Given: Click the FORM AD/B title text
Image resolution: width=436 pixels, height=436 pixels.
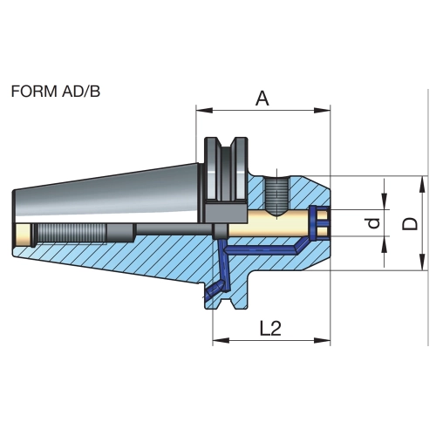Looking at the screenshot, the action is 56,92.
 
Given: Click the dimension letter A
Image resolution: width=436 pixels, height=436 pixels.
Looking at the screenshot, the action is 262,99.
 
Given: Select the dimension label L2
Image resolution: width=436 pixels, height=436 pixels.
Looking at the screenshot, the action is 270,329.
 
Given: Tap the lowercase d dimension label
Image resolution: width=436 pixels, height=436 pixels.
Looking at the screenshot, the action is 374,223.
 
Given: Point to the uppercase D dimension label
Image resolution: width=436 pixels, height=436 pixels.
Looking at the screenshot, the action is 410,224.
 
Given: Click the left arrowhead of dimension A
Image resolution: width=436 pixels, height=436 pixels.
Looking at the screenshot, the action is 204,111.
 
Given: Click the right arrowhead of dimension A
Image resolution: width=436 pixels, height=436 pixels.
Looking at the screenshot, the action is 323,111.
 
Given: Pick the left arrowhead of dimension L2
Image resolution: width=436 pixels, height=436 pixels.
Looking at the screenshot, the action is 221,340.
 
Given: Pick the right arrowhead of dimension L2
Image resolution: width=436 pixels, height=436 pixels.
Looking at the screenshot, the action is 323,340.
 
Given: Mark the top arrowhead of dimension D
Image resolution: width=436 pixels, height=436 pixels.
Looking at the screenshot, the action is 422,184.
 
